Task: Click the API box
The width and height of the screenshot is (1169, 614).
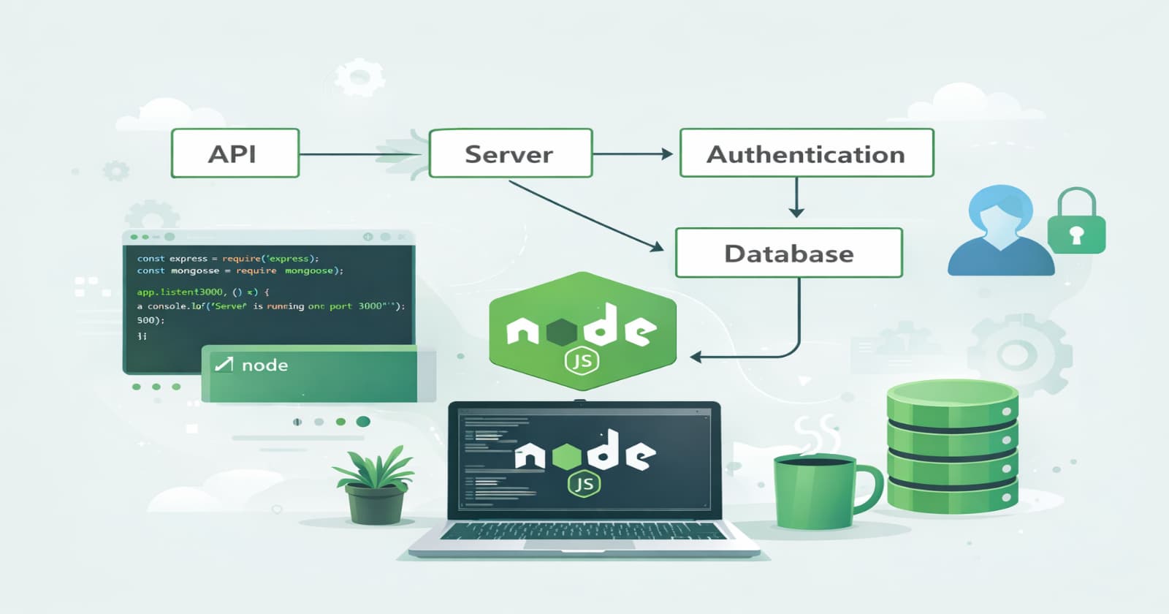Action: pyautogui.click(x=235, y=153)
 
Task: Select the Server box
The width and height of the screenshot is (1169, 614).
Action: pyautogui.click(x=510, y=153)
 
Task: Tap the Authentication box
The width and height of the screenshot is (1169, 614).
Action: pyautogui.click(x=806, y=153)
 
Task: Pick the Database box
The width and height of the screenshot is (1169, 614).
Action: pyautogui.click(x=788, y=253)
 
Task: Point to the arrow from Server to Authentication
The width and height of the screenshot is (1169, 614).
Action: pyautogui.click(x=633, y=153)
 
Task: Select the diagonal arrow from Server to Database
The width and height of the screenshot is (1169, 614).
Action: pyautogui.click(x=584, y=216)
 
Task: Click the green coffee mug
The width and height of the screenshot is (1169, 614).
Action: pyautogui.click(x=815, y=491)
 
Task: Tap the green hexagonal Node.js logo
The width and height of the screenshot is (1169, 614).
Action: pyautogui.click(x=582, y=330)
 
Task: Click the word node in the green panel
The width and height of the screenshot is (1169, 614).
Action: pyautogui.click(x=264, y=365)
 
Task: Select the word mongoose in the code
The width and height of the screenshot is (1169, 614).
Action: pyautogui.click(x=309, y=270)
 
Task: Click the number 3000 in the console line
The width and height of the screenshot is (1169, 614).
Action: pyautogui.click(x=370, y=306)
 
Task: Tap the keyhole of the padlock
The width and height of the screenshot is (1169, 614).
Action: pyautogui.click(x=1076, y=235)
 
